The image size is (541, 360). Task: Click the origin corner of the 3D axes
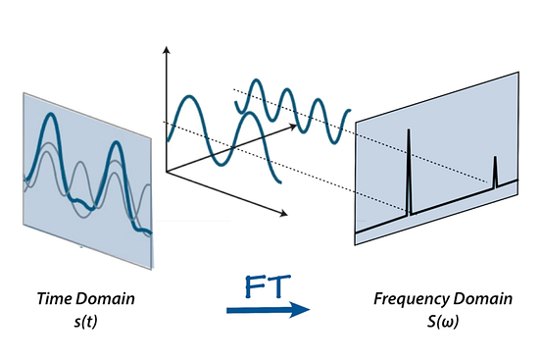click(169, 173)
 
